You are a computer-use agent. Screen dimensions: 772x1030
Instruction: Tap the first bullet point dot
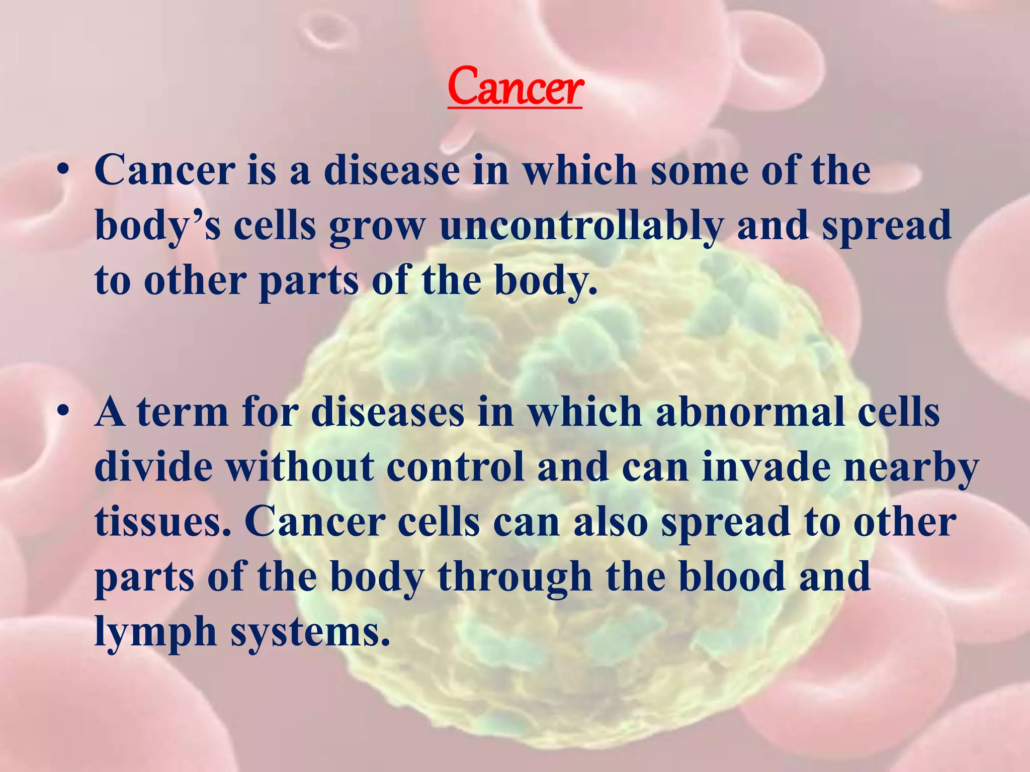(x=62, y=172)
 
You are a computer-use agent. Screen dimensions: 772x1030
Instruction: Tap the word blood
(x=732, y=576)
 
